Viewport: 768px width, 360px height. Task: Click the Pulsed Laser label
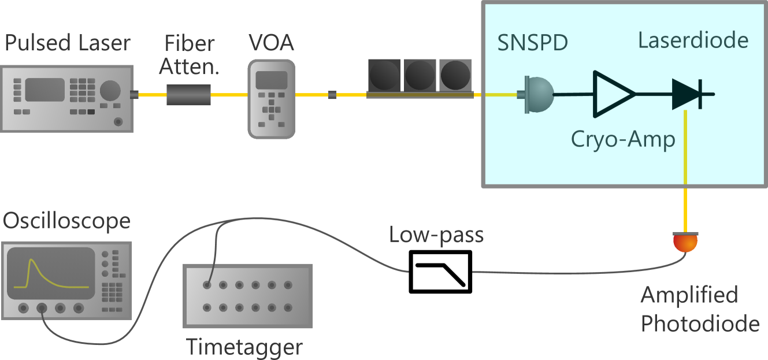(x=67, y=43)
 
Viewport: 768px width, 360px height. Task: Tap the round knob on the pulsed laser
(x=110, y=91)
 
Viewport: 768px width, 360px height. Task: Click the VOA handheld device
(x=271, y=99)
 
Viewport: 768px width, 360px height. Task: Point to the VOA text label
(x=271, y=43)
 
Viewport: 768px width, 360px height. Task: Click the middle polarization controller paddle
(x=420, y=75)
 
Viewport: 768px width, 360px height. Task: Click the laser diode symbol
(x=687, y=94)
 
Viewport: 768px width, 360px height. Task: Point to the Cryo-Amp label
(x=623, y=140)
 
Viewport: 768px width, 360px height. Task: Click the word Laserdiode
(x=693, y=40)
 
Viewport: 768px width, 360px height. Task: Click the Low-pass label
(x=436, y=235)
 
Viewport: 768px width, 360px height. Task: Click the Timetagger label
(x=244, y=347)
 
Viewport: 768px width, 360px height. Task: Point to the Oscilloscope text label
(x=66, y=221)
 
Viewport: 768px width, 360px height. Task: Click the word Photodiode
(x=700, y=324)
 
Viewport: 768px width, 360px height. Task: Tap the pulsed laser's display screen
(x=44, y=90)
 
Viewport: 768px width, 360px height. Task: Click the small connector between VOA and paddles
(x=332, y=95)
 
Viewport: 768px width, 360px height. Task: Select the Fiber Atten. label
(x=189, y=55)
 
